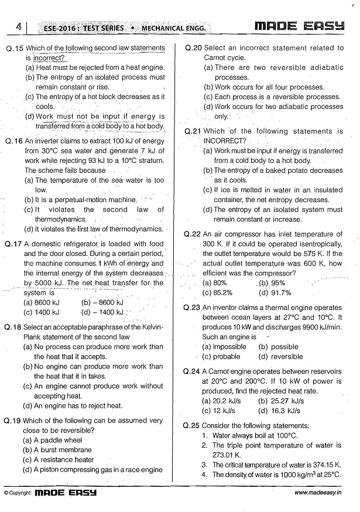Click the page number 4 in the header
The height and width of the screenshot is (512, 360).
point(19,27)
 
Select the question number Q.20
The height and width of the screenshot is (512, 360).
point(193,47)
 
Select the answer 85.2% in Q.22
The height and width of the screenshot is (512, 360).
point(217,292)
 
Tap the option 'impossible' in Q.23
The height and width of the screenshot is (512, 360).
point(224,346)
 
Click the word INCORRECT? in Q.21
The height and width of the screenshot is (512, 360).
point(224,141)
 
